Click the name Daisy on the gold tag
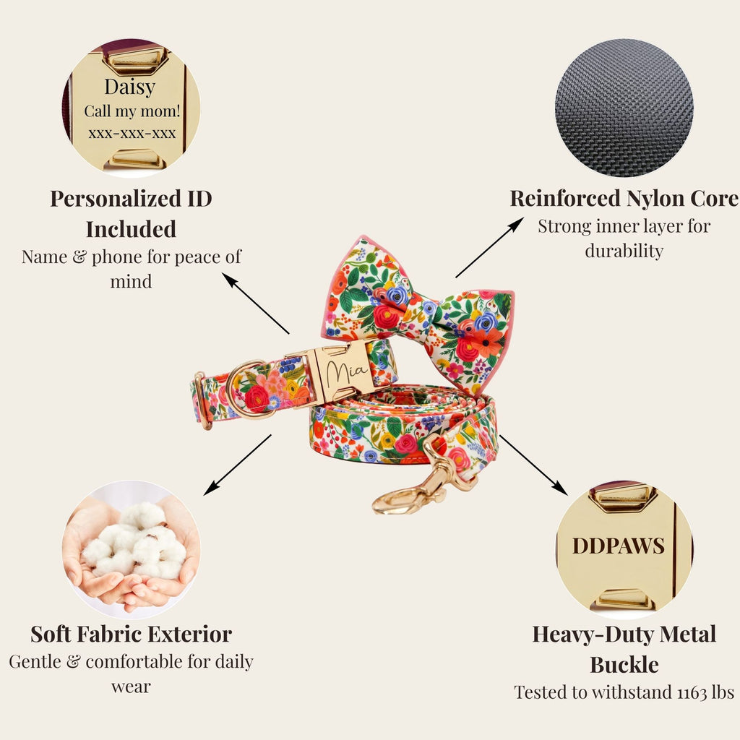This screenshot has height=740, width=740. tap(130, 87)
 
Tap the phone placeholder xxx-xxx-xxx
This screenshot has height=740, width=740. tap(132, 134)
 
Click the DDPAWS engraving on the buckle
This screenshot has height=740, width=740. tap(619, 546)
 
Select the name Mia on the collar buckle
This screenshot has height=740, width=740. tap(347, 372)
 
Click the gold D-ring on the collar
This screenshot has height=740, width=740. tap(246, 390)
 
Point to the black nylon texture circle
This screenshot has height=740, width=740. tap(624, 108)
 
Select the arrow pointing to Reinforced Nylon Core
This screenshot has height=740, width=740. tap(490, 247)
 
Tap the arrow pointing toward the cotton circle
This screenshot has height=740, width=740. tap(237, 465)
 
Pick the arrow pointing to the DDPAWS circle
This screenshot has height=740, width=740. tap(533, 465)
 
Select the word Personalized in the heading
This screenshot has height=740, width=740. tap(116, 199)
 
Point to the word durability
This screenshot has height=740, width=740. tap(624, 251)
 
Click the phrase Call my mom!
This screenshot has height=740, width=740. tap(132, 111)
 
